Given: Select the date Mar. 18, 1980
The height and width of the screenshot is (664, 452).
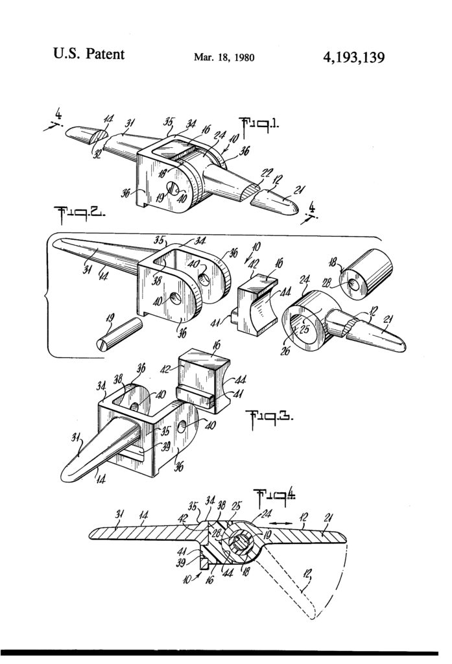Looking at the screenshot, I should tap(224, 58).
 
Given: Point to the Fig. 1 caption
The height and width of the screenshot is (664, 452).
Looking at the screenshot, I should tap(258, 124).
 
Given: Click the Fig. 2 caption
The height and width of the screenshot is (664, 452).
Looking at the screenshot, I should tap(73, 216).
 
